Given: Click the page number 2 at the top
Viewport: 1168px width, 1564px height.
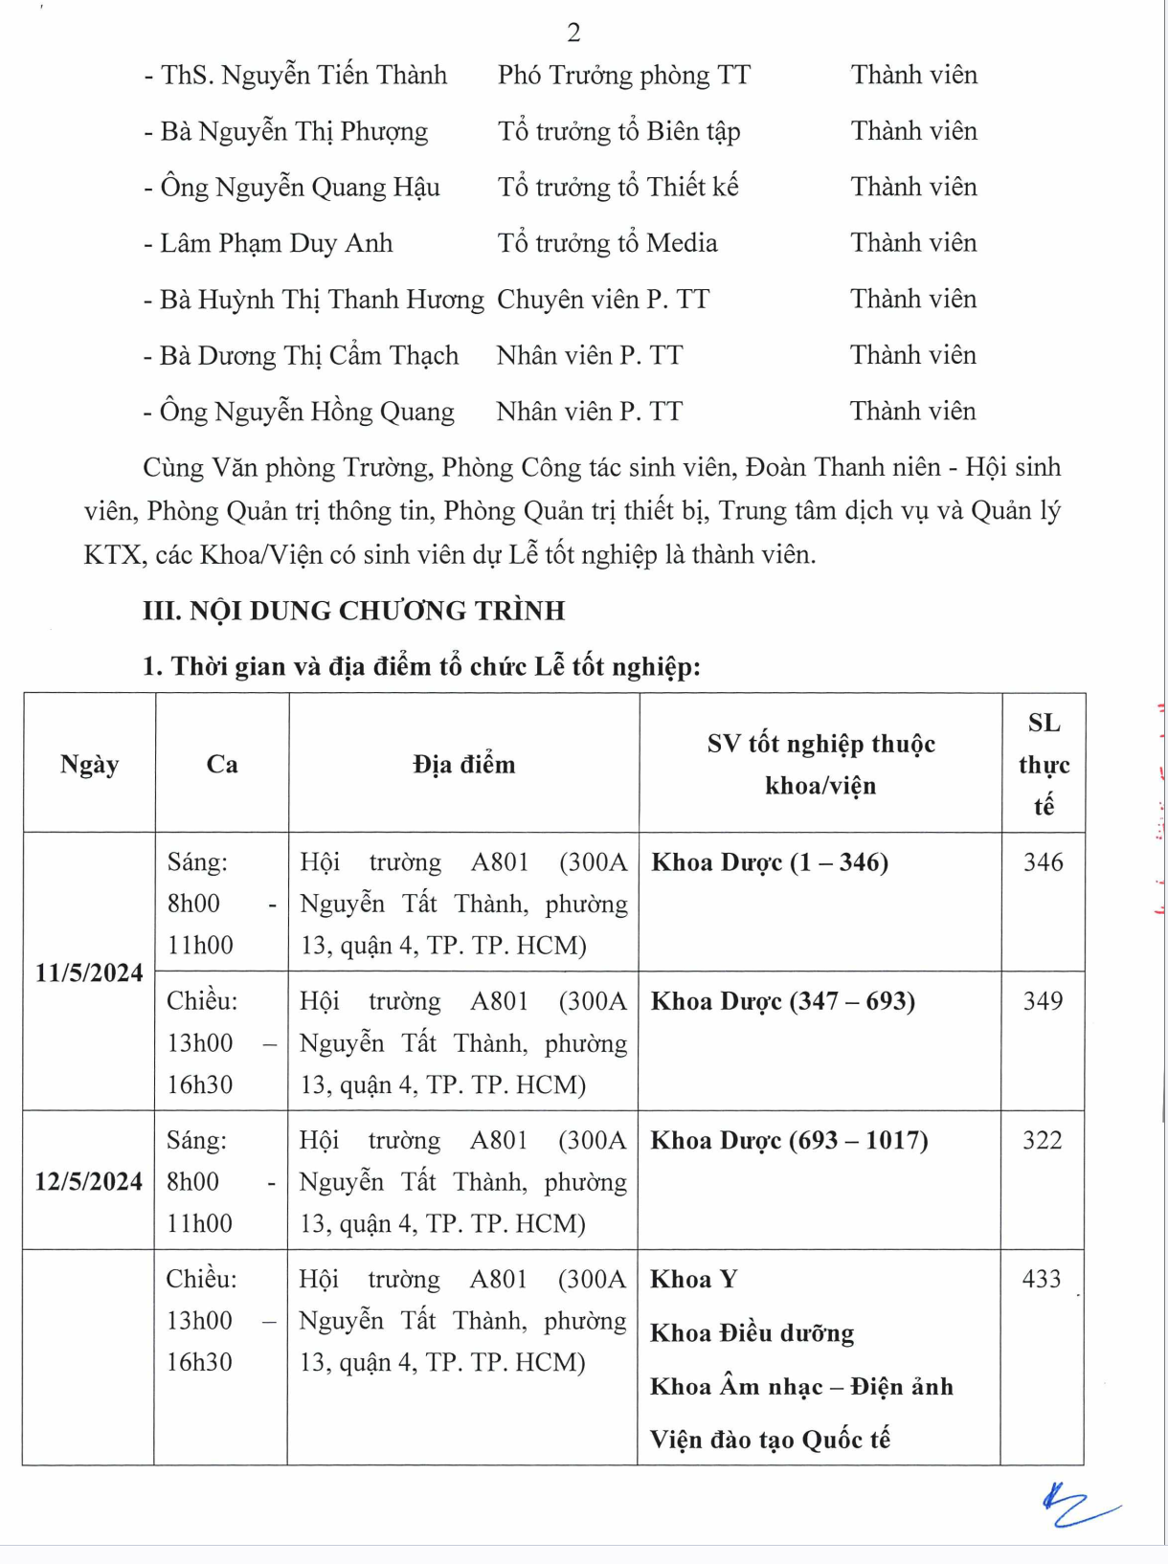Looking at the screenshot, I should (x=573, y=34).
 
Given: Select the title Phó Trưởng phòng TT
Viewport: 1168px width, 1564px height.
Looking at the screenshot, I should (x=623, y=76).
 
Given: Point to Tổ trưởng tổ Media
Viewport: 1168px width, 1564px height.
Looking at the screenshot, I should (x=607, y=243).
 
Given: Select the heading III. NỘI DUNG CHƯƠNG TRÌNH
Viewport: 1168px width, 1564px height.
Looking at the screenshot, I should (x=353, y=611).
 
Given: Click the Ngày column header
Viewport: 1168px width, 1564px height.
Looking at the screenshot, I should (x=89, y=764).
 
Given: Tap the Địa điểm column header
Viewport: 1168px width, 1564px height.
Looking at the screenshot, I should (x=464, y=764).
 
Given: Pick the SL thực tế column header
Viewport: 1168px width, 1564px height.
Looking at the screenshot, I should (x=1044, y=764).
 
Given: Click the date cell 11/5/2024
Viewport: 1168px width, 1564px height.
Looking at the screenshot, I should (x=89, y=972).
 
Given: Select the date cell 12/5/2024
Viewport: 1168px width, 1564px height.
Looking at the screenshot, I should (x=88, y=1181).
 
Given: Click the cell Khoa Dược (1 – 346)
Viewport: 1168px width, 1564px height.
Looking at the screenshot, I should (x=770, y=862).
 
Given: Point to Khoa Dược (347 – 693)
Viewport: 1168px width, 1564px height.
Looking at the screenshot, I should (x=783, y=1001).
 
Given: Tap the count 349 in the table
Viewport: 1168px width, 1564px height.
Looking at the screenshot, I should (x=1043, y=1001).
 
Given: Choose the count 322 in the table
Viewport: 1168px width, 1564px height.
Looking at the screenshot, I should (x=1043, y=1140).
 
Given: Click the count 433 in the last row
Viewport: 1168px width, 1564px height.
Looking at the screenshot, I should (x=1042, y=1279).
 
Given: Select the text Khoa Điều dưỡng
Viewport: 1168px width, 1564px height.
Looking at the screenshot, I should (x=752, y=1333).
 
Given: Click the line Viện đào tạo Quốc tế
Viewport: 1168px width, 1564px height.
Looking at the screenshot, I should (x=770, y=1440).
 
